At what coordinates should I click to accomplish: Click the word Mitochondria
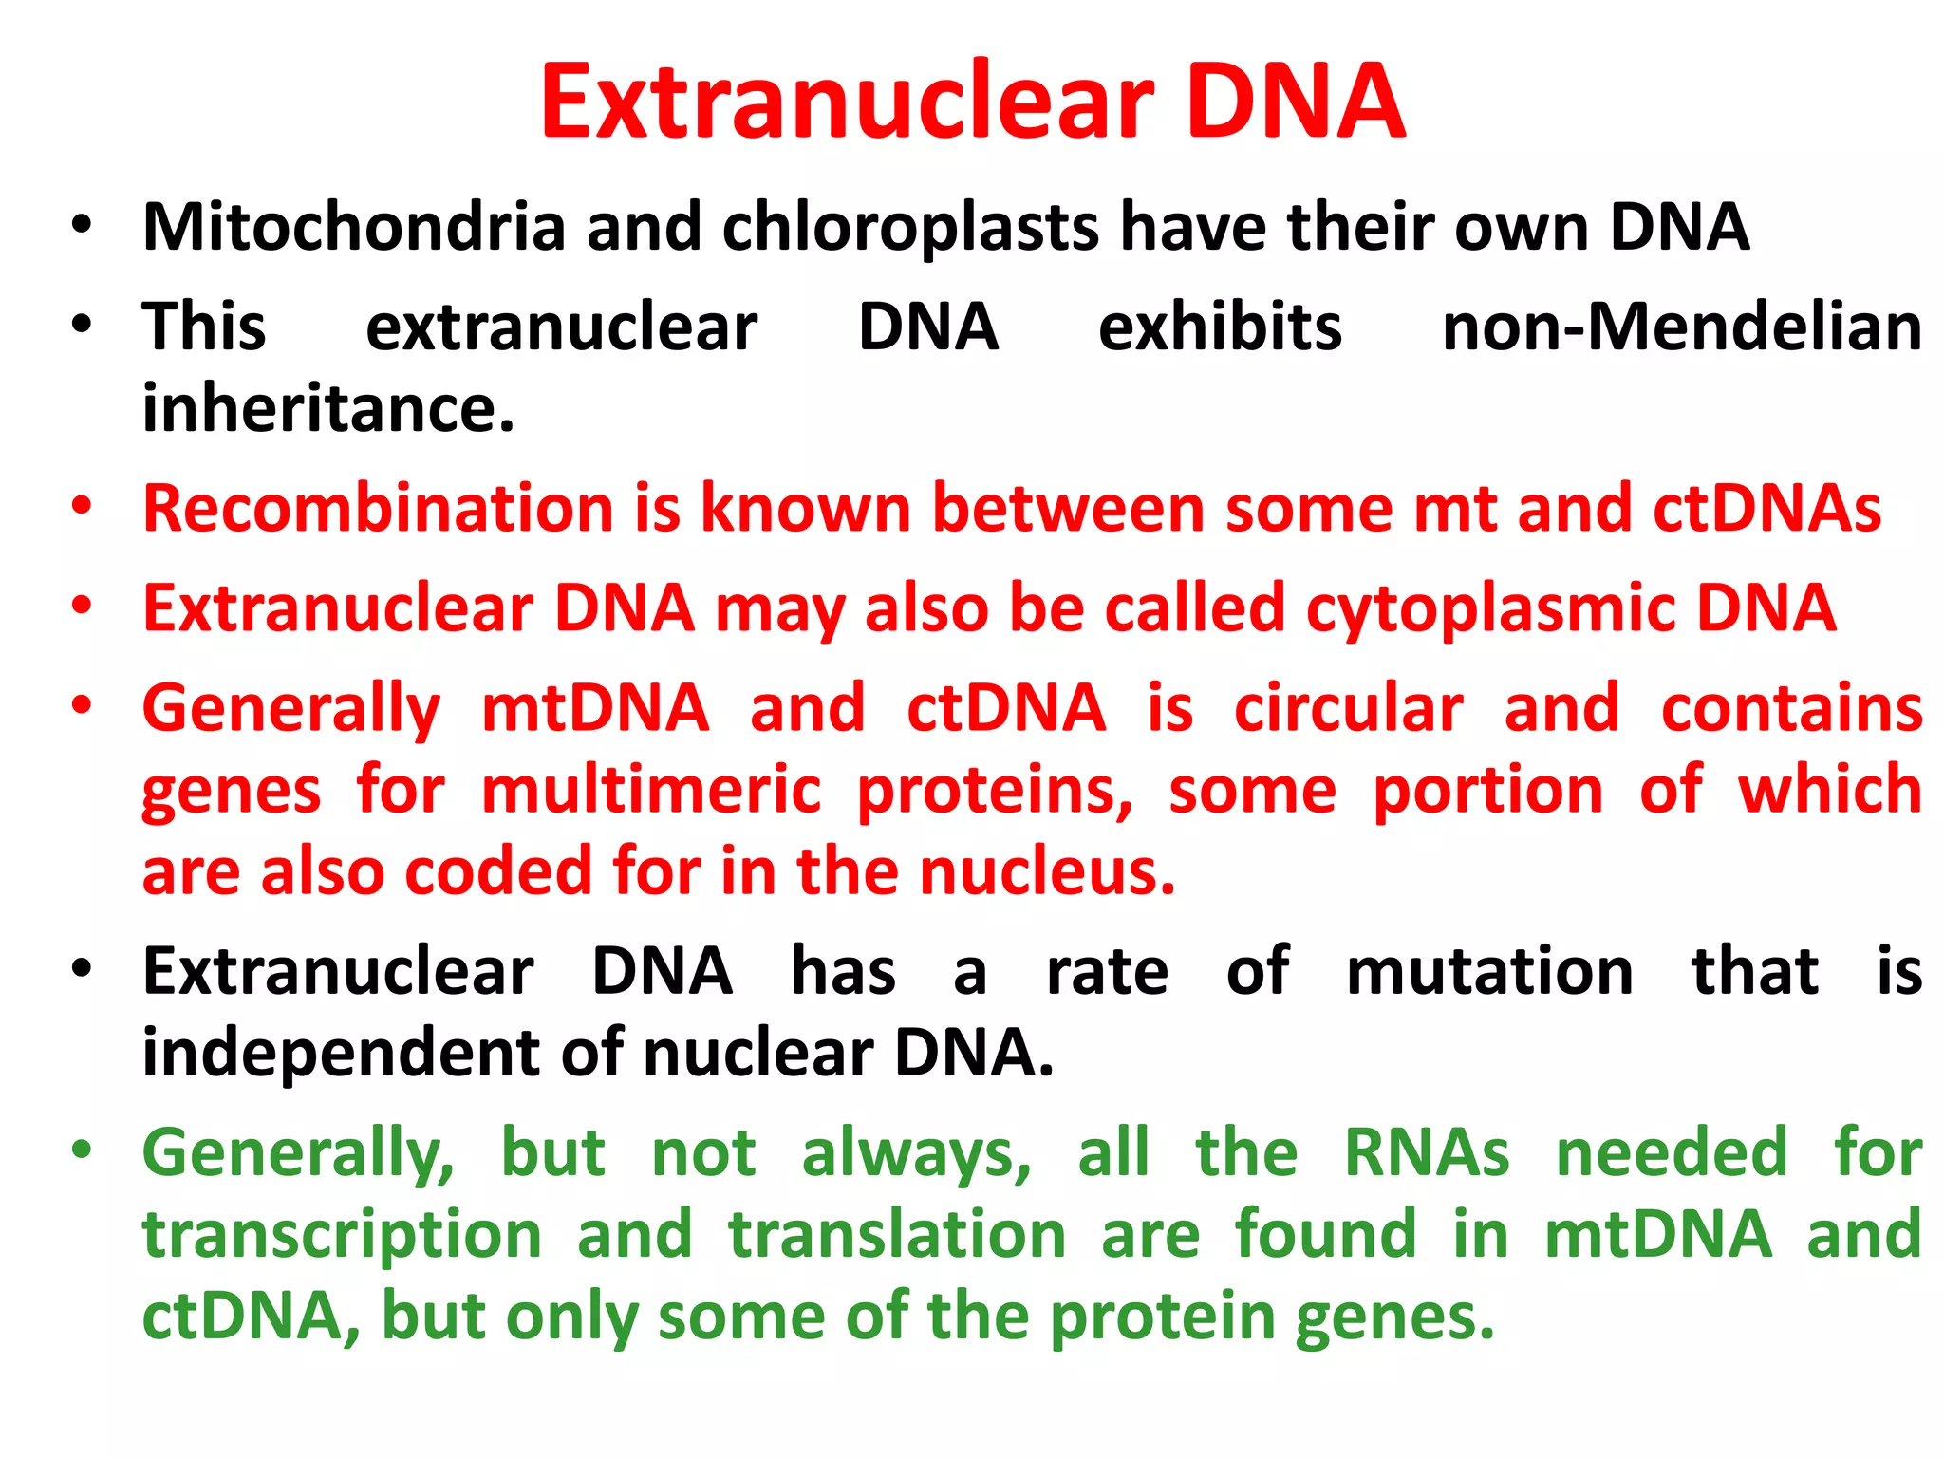coord(354,228)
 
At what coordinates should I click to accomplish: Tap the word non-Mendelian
coord(1681,327)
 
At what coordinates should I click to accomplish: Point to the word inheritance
coord(327,409)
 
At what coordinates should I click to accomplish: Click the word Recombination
coord(377,509)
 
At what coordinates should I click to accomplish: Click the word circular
coord(1348,709)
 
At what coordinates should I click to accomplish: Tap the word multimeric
coord(650,791)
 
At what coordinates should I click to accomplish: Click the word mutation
coord(1489,972)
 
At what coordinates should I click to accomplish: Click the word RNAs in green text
coord(1426,1153)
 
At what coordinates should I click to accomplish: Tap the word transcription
coord(342,1235)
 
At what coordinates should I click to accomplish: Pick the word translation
coord(897,1235)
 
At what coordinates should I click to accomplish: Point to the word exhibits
coord(1220,327)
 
